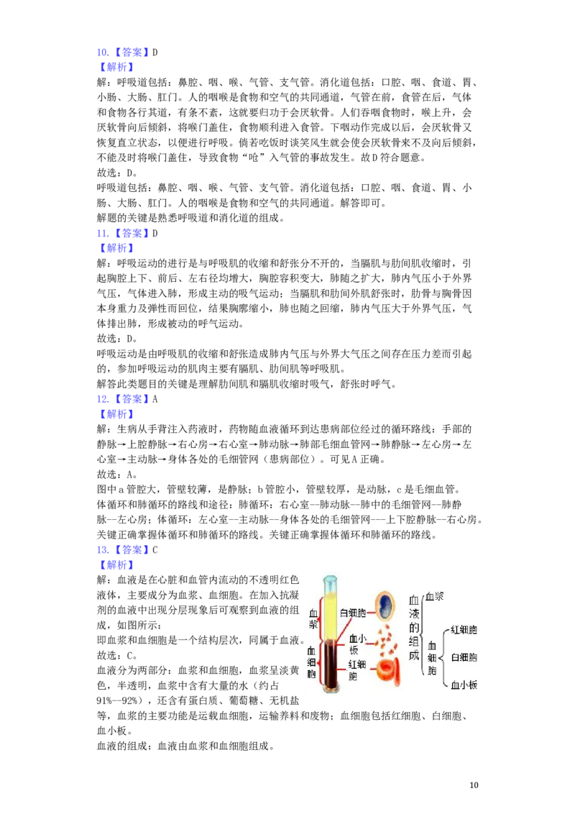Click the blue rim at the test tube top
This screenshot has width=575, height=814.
[x=330, y=578]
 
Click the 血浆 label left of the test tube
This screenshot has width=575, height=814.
[x=313, y=620]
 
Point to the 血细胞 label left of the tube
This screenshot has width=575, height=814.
[x=311, y=662]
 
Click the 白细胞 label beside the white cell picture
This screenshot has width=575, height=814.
[x=353, y=613]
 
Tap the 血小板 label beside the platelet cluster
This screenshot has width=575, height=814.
[x=358, y=644]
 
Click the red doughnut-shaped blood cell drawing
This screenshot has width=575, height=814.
[x=389, y=669]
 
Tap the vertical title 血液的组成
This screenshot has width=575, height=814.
[x=413, y=627]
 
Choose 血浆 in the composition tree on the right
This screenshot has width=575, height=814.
[x=435, y=596]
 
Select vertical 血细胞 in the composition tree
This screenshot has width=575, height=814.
[x=432, y=658]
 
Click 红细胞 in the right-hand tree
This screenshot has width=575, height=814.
[x=464, y=630]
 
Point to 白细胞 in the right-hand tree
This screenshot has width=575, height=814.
[x=464, y=657]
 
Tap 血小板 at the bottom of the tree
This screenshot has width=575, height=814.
[x=464, y=685]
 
